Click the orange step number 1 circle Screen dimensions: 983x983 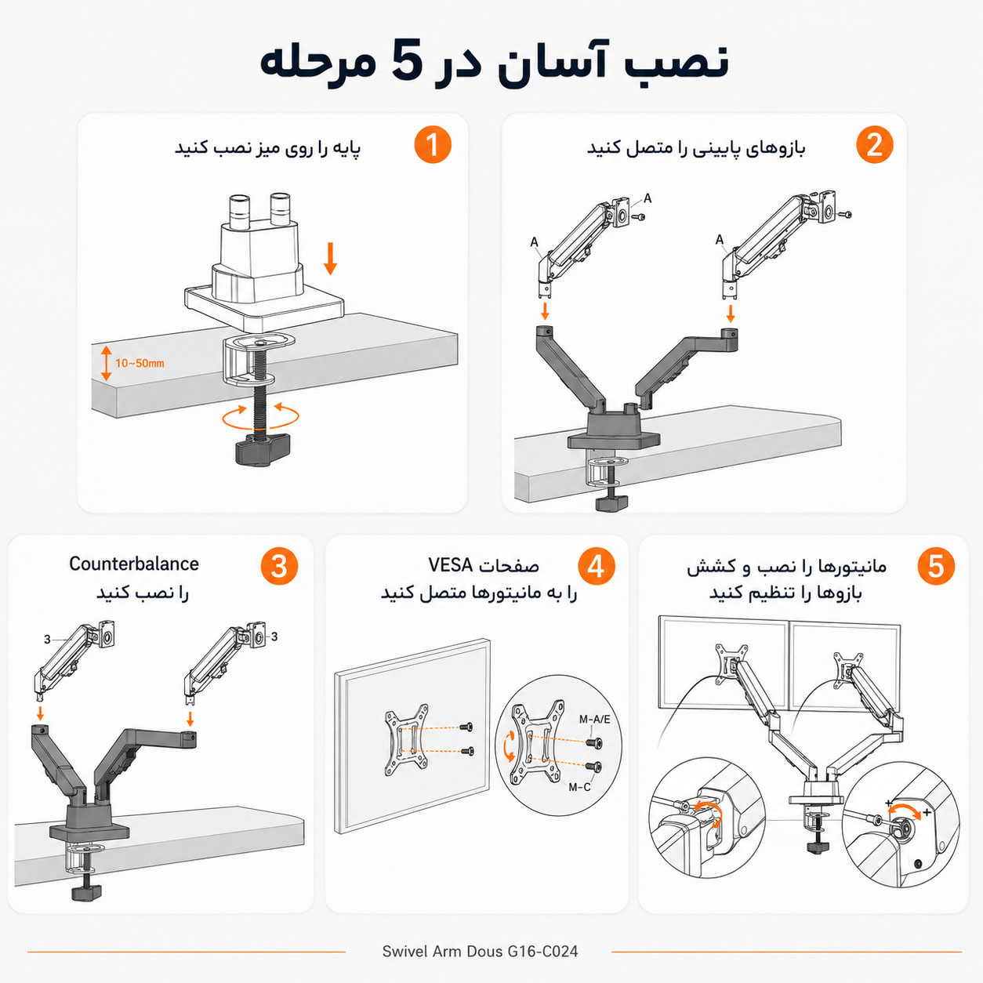(x=433, y=145)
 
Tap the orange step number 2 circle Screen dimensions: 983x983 (x=874, y=145)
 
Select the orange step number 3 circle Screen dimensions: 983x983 (x=279, y=566)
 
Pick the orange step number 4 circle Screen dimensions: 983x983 (x=597, y=566)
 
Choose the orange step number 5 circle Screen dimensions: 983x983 (x=936, y=566)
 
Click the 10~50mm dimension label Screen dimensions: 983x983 (x=140, y=364)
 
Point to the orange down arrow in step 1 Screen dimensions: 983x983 (x=331, y=259)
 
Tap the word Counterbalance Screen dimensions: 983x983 (x=134, y=564)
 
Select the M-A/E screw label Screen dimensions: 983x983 (x=594, y=720)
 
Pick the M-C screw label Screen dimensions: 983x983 (x=579, y=787)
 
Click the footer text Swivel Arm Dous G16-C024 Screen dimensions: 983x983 (x=480, y=952)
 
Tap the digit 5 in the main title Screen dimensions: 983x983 (x=408, y=61)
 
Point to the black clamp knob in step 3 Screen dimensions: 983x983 (x=86, y=892)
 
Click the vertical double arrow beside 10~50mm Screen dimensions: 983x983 (x=106, y=363)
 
